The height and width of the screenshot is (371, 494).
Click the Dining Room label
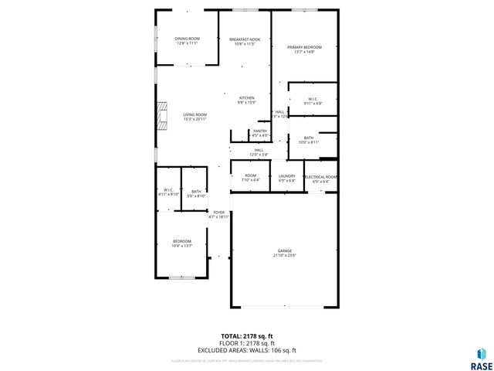[x=187, y=38]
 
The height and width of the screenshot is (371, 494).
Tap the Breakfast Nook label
[x=244, y=39]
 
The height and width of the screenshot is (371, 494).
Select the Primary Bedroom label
[x=304, y=47]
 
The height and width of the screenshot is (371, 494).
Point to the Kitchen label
[x=246, y=98]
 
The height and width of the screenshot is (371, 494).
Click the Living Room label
[x=195, y=114]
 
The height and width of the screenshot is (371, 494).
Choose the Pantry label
[x=259, y=131]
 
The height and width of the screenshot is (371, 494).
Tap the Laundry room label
[x=286, y=176]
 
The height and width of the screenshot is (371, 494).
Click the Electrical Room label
[x=321, y=177]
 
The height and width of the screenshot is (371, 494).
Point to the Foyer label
[x=219, y=212]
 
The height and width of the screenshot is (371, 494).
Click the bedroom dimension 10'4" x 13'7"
[x=182, y=245]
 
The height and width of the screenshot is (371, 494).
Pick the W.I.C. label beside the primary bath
[x=313, y=99]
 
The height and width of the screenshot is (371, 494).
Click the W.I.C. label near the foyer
[x=168, y=190]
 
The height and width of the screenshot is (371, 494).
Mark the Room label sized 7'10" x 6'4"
[x=251, y=176]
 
